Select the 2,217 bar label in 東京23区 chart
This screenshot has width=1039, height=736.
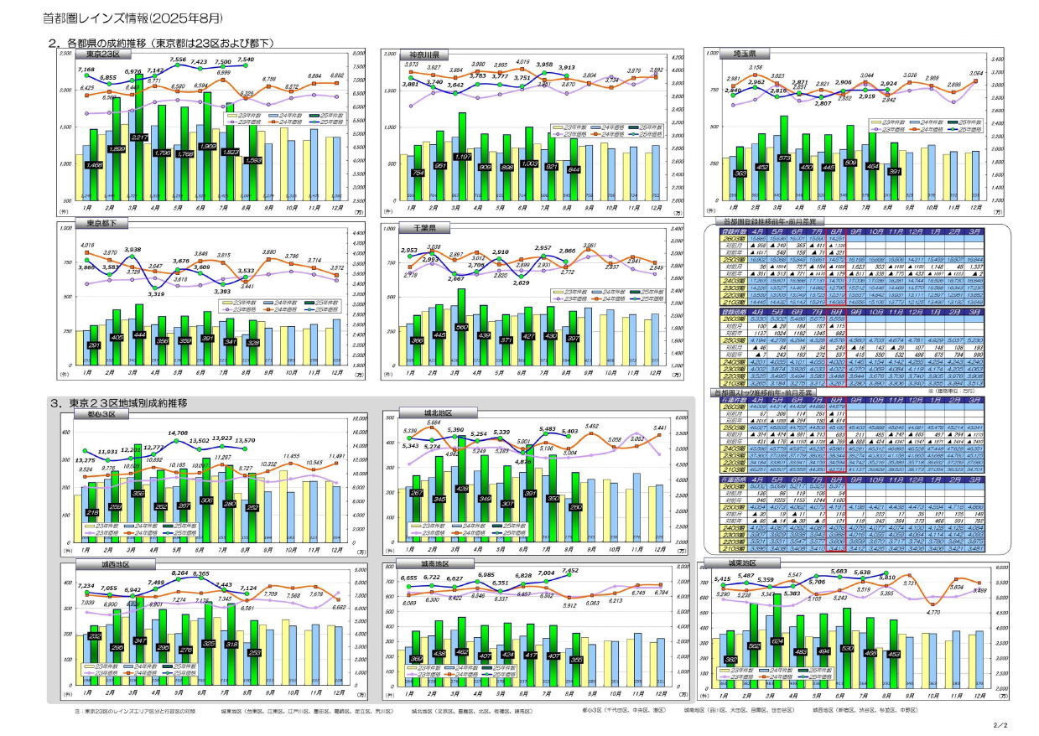pos(140,137)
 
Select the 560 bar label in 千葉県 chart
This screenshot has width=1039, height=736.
pos(461,327)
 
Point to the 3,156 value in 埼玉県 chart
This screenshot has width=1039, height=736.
pos(756,67)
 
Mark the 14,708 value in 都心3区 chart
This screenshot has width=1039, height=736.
pos(178,433)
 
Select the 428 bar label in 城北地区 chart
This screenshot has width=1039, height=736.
pos(461,488)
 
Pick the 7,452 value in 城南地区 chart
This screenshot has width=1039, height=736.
pos(570,571)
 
